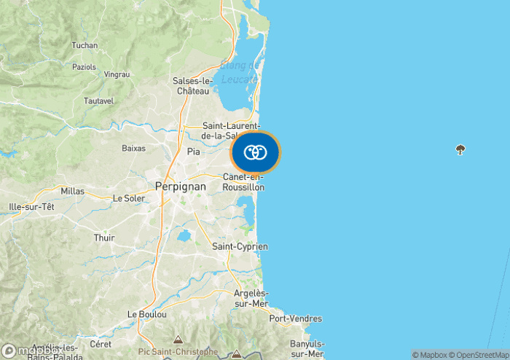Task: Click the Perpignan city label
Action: coord(181,187)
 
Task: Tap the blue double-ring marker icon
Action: coord(255,152)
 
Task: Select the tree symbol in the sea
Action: coord(460,150)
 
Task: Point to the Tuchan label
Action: coord(85,45)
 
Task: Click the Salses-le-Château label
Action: coord(191,86)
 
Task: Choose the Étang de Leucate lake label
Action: coord(240,74)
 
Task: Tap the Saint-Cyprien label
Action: coord(240,247)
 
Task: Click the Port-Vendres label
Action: coord(296,318)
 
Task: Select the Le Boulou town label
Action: coord(147,314)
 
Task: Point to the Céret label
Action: coord(101,343)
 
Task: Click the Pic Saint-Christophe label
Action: coord(178,351)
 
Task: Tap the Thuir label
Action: coord(104,238)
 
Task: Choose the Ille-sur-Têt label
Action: coord(31,207)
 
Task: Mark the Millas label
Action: coord(73,192)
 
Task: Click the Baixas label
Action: coord(133,148)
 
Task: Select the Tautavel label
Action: coord(99,101)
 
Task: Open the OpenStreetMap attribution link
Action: coord(481,355)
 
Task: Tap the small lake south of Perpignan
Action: coord(184,235)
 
